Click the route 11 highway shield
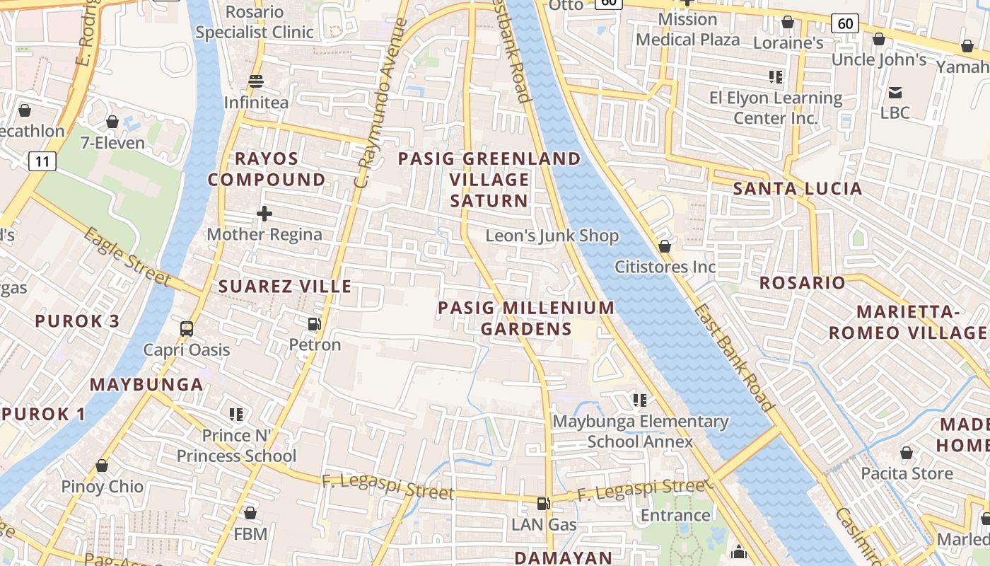42,162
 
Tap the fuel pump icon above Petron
314,324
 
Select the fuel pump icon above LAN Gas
543,504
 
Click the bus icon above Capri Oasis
187,329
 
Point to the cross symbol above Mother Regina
264,213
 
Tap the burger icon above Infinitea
256,81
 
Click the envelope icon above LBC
895,92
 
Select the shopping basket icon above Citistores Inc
665,246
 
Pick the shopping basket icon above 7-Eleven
112,122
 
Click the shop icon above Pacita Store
907,453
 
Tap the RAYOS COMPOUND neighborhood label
267,169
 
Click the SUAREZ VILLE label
285,287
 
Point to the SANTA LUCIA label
797,189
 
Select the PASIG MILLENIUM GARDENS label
526,318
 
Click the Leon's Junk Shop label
552,236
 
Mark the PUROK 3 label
77,320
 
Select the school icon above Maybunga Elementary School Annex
640,400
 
